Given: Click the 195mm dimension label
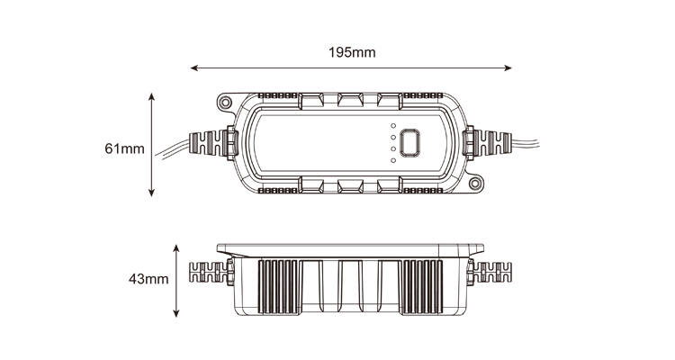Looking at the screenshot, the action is point(352,52).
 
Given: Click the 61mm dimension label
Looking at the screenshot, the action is point(124,148).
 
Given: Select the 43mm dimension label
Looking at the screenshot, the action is point(148,279).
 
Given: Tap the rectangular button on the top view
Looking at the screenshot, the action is point(409,143).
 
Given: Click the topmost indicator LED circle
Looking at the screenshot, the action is point(393,126).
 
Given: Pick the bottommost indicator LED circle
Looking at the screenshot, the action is point(393,160).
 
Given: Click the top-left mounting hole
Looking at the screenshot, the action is point(224,103).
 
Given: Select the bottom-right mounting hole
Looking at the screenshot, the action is point(475,184).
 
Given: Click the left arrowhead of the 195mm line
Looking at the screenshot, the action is point(193,67).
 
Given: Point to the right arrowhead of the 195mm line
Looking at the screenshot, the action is point(508,67).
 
